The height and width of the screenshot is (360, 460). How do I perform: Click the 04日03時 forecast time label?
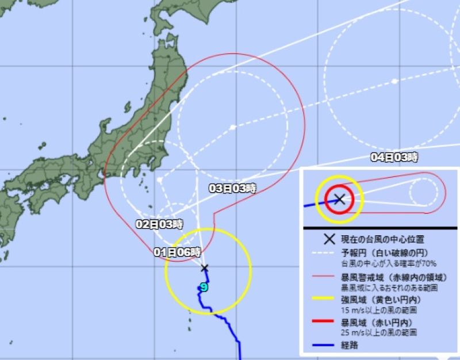point(394,156)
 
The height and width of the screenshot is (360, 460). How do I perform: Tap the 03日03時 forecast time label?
point(232,188)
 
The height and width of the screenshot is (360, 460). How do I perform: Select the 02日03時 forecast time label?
point(159,224)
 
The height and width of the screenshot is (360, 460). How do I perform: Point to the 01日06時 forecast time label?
point(178,251)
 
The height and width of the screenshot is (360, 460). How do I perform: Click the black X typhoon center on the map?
point(204,268)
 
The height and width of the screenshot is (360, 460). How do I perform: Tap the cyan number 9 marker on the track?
point(203,288)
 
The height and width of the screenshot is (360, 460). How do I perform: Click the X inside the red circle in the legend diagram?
point(339,200)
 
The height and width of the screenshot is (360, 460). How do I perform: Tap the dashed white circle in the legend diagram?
point(424,191)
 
